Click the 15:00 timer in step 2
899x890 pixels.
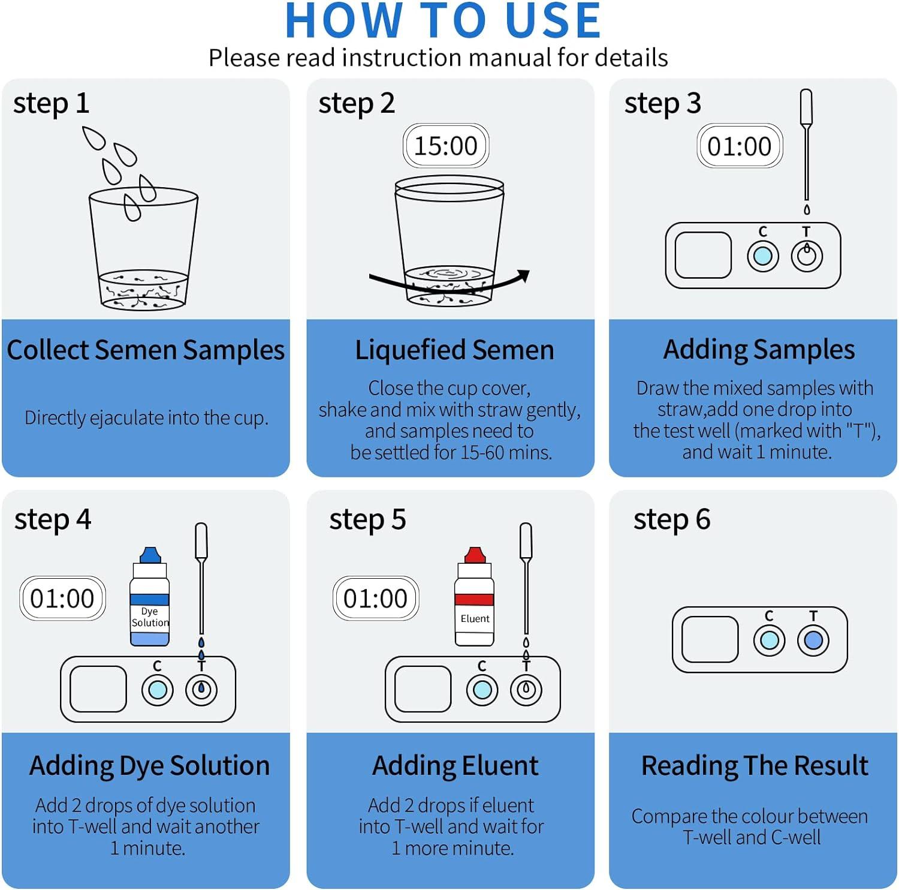(x=446, y=146)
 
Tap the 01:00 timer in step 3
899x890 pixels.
(x=740, y=146)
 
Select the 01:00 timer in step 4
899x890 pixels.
(x=62, y=598)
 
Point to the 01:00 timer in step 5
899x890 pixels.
(x=376, y=598)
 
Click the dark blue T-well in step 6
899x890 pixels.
(x=813, y=640)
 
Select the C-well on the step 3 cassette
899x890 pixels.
(x=763, y=256)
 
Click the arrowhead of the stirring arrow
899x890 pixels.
(x=523, y=276)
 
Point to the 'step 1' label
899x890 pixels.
(x=52, y=103)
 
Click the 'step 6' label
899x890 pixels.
(x=672, y=519)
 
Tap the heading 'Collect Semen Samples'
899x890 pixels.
(x=146, y=350)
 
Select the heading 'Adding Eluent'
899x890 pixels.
(x=455, y=766)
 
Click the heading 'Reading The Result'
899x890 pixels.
(x=755, y=766)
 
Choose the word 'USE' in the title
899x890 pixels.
(x=553, y=20)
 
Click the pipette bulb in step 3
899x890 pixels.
(x=807, y=106)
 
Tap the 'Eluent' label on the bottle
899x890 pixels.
(x=475, y=618)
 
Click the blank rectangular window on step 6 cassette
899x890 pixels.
(x=710, y=639)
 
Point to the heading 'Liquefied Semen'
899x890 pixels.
(x=454, y=350)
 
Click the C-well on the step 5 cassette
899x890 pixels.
(x=482, y=690)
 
